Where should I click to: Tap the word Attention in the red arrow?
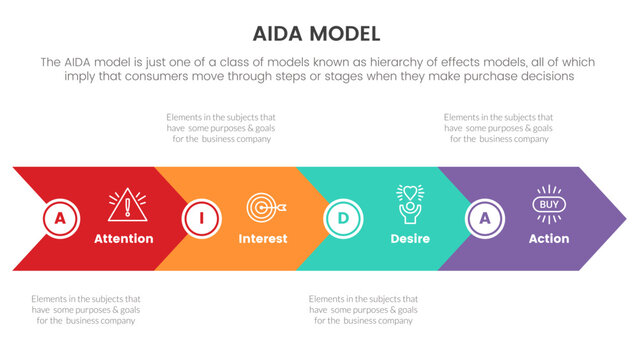pos(123,239)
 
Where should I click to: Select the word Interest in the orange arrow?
pos(263,239)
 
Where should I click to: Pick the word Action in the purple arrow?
pos(548,239)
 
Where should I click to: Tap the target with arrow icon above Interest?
pos(266,206)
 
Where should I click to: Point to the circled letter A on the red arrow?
pos(61,218)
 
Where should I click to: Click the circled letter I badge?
pos(201,218)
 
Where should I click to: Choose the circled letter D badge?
pos(343,218)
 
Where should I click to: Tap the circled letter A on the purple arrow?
pos(485,218)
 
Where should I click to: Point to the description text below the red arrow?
pos(85,309)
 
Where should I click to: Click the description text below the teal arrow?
pos(363,309)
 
